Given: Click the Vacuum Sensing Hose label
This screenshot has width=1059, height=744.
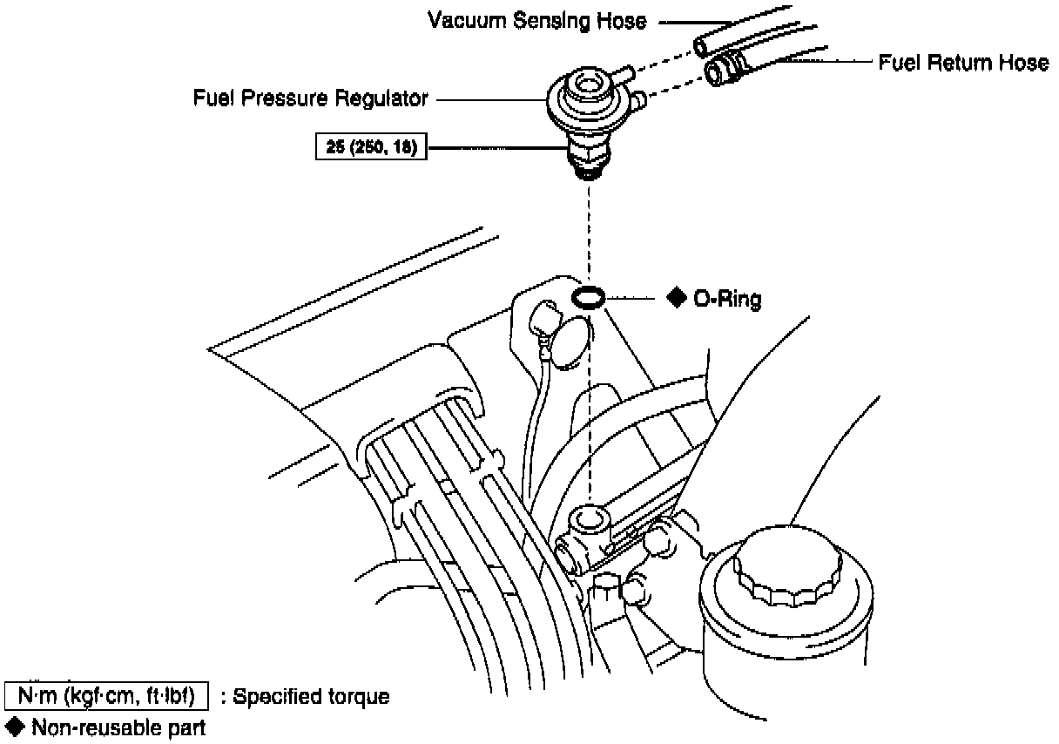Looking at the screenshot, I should point(537,20).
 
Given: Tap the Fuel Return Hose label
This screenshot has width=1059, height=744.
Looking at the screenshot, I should point(962,63).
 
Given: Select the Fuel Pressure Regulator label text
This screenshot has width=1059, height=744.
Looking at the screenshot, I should point(310,99).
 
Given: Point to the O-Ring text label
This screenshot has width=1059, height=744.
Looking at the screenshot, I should point(726,300).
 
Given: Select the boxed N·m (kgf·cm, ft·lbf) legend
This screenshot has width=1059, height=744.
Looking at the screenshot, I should point(106,697).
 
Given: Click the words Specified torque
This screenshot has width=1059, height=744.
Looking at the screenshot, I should point(311,697).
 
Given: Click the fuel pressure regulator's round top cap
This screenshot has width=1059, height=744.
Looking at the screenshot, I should point(583,86).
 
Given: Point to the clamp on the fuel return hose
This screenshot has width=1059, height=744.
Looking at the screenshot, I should point(736,61).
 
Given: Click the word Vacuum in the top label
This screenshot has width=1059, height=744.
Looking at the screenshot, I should point(467,20).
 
